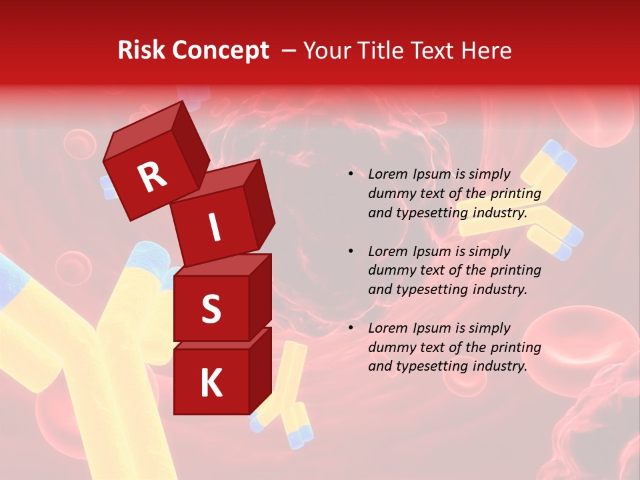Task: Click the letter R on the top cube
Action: point(152,177)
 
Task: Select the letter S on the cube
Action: point(211,309)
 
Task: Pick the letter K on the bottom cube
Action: point(211,383)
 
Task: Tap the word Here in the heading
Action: point(485,51)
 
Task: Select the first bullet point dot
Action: point(351,175)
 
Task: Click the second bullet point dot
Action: point(351,251)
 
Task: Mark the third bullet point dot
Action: point(351,328)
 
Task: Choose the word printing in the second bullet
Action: point(515,271)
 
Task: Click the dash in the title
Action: point(290,51)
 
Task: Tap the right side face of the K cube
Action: point(261,370)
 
